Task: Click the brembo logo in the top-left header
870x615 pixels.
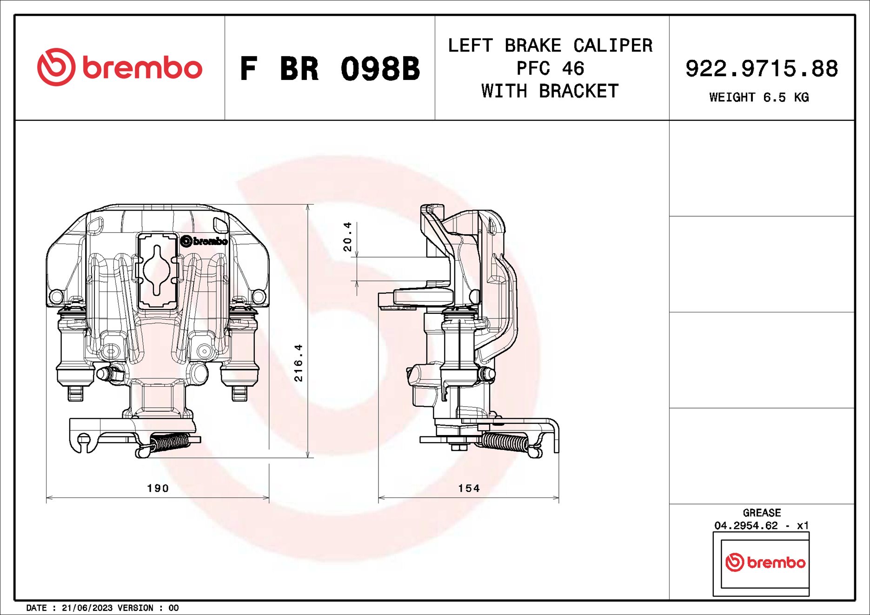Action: [x=120, y=67]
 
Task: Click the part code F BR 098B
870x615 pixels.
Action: [x=329, y=69]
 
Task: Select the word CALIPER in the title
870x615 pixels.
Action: [x=612, y=46]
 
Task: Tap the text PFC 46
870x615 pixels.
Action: [x=550, y=68]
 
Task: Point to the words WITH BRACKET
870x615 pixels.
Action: [x=550, y=91]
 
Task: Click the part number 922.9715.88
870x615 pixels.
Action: [x=761, y=68]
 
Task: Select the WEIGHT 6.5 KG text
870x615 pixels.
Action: [x=759, y=97]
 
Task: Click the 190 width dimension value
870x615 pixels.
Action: [x=158, y=488]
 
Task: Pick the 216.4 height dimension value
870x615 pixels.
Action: [x=298, y=363]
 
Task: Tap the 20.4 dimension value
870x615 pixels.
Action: [x=347, y=237]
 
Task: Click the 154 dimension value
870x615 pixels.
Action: [x=468, y=488]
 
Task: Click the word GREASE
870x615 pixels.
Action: [x=761, y=513]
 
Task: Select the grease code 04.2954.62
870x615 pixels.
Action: [x=746, y=525]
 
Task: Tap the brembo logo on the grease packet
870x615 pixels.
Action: [x=765, y=562]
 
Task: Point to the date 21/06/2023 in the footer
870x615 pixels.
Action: [x=87, y=608]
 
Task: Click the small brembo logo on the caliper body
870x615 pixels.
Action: [x=204, y=241]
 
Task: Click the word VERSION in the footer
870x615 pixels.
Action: [x=135, y=608]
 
